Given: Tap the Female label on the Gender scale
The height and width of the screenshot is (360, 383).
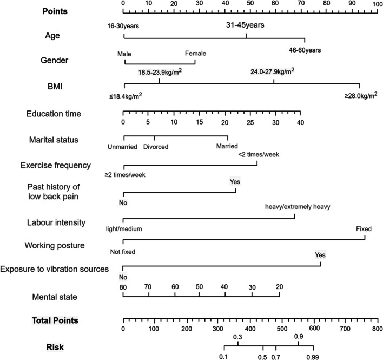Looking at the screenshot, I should click(196, 54).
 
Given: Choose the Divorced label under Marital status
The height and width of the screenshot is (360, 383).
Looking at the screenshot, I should click(156, 146).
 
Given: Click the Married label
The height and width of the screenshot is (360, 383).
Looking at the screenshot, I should click(227, 146).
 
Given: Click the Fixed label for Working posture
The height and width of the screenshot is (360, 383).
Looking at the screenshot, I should click(364, 229).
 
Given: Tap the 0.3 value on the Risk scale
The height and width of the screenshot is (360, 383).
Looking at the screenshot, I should click(237, 338).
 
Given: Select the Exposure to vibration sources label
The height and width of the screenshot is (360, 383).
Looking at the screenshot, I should click(56, 269).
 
